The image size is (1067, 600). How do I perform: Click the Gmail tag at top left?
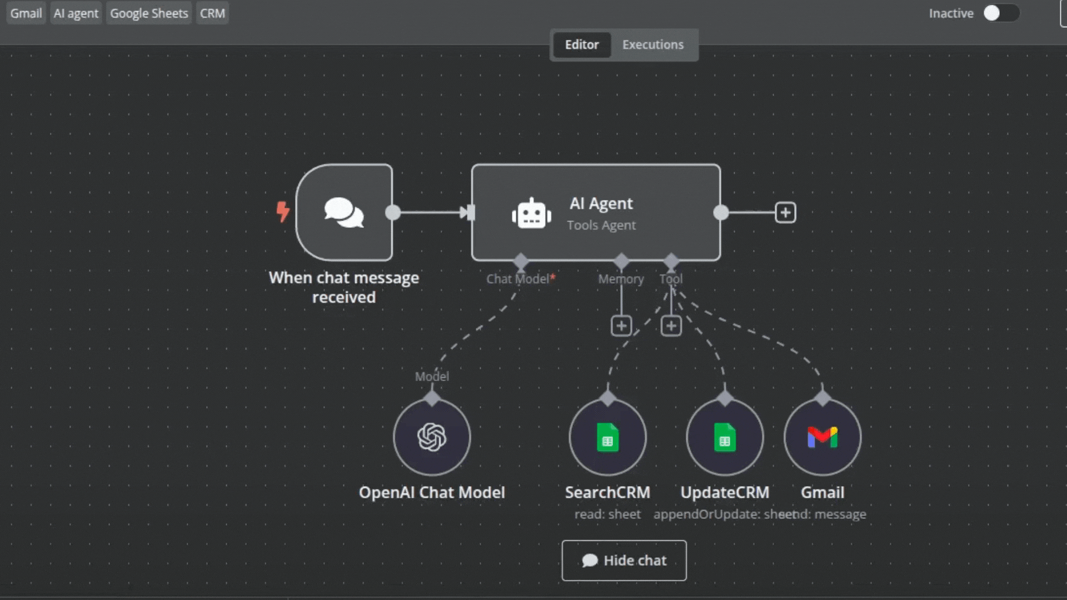[26, 13]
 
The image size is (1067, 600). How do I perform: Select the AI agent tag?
[76, 13]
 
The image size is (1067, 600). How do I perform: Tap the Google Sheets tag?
[149, 13]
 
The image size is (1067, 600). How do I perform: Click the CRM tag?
[212, 13]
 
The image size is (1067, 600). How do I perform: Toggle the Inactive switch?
[1000, 13]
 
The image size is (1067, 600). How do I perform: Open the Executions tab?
[653, 45]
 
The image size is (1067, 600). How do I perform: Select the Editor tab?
[582, 45]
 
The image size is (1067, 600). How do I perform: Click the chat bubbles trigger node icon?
[344, 212]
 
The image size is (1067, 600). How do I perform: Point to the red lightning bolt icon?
[283, 212]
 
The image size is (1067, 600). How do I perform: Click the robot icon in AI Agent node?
[531, 214]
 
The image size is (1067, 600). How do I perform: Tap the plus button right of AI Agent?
[785, 212]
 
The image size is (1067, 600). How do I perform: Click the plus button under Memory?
[621, 326]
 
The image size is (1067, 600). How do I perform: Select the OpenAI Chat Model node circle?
[432, 437]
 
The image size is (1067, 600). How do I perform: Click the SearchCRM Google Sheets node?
[607, 437]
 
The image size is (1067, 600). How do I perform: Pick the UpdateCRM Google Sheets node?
[725, 437]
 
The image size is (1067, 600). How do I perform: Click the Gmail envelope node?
[822, 437]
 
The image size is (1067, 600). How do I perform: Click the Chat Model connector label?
[518, 279]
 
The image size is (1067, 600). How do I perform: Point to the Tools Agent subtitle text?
[601, 226]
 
